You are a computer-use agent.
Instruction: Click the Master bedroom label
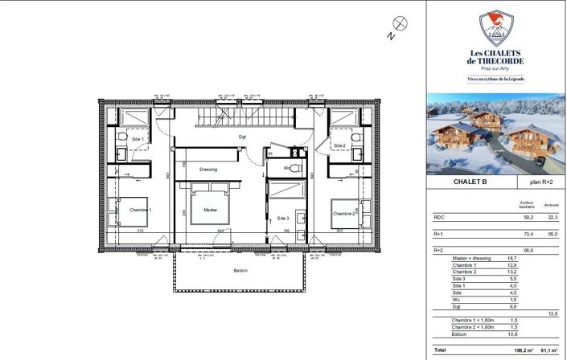tap(210, 211)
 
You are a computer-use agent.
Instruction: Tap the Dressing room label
tap(208, 170)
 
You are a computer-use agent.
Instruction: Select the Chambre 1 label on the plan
tap(140, 211)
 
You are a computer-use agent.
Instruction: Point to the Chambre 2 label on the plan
tap(343, 214)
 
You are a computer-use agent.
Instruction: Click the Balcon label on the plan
tap(240, 271)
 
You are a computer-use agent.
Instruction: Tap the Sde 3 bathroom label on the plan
tap(282, 218)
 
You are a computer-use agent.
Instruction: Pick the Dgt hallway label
tap(241, 137)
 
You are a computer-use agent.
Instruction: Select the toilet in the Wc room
tap(294, 169)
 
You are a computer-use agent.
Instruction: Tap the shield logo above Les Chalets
tap(496, 29)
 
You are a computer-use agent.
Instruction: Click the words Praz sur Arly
tap(496, 70)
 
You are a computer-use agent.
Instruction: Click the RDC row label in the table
tap(440, 217)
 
